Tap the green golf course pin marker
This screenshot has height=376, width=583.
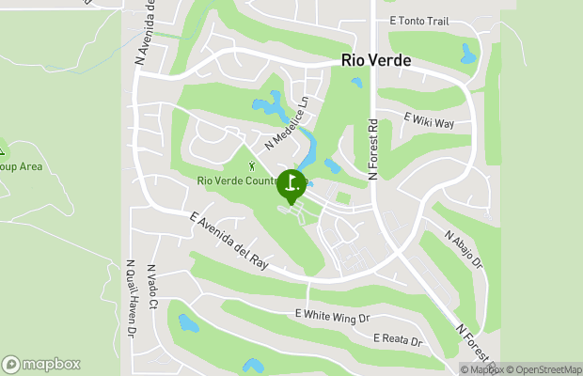[291, 185]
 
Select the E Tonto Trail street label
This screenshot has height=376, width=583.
[418, 21]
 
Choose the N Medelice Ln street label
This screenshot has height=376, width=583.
[287, 123]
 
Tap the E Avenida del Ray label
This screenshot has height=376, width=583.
[228, 241]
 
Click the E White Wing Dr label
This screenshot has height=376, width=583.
[332, 316]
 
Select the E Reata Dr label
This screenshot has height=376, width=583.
[398, 338]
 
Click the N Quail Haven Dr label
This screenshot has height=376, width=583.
[130, 299]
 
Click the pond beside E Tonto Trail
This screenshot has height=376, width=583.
[468, 54]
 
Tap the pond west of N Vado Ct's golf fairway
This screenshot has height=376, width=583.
[188, 324]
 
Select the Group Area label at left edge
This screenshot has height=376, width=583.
[21, 166]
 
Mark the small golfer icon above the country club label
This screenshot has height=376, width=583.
[251, 166]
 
